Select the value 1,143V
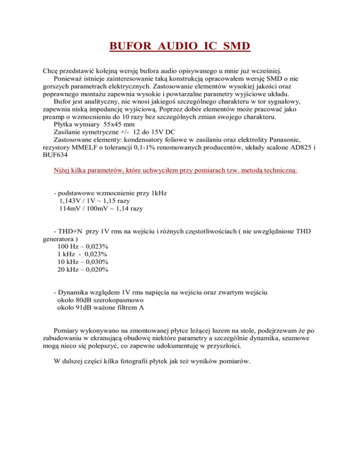click(x=70, y=201)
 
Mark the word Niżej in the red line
click(x=64, y=172)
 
